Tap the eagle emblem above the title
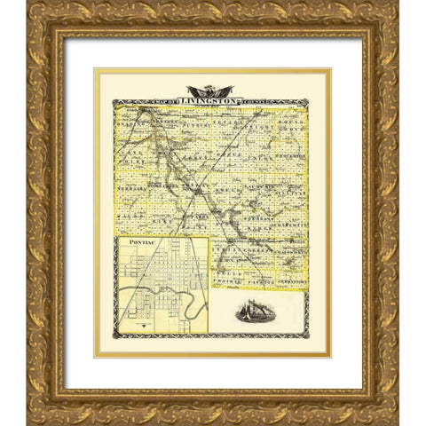tap(210, 91)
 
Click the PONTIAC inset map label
tap(143, 241)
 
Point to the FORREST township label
tap(261, 235)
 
